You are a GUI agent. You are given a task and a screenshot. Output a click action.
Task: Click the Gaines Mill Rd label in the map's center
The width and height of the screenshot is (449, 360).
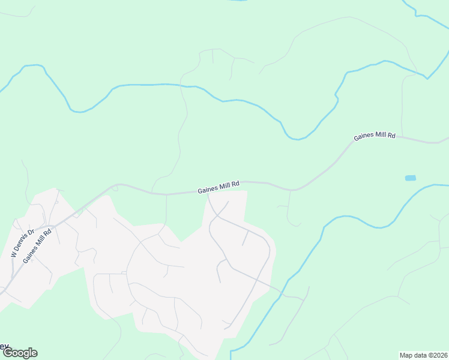tap(218, 187)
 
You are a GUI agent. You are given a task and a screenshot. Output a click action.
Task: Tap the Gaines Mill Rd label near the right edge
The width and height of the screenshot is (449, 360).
tap(375, 136)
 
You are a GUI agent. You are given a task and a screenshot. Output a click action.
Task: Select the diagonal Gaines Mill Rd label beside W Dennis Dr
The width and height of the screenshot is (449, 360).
tap(37, 245)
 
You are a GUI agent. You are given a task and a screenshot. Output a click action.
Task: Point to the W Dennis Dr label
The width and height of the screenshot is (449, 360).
tap(22, 242)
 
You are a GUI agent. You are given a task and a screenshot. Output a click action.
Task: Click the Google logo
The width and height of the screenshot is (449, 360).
tap(19, 353)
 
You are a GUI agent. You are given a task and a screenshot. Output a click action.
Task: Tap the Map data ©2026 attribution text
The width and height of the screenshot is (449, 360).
tap(424, 355)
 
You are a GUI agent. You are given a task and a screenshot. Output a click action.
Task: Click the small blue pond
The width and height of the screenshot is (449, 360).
tap(411, 178)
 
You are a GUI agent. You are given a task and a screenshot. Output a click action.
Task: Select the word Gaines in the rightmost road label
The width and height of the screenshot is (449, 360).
tap(364, 137)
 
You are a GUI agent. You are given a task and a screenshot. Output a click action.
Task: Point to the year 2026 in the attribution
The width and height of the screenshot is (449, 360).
tap(439, 355)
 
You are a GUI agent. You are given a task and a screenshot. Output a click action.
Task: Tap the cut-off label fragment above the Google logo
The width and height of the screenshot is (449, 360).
tap(4, 346)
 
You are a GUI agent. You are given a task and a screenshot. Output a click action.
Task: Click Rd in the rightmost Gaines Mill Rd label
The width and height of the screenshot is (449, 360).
tap(391, 136)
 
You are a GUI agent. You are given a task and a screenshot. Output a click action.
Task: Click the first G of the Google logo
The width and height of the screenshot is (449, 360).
tap(7, 353)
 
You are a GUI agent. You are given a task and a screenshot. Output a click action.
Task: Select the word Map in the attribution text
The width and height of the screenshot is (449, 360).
tap(406, 355)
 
